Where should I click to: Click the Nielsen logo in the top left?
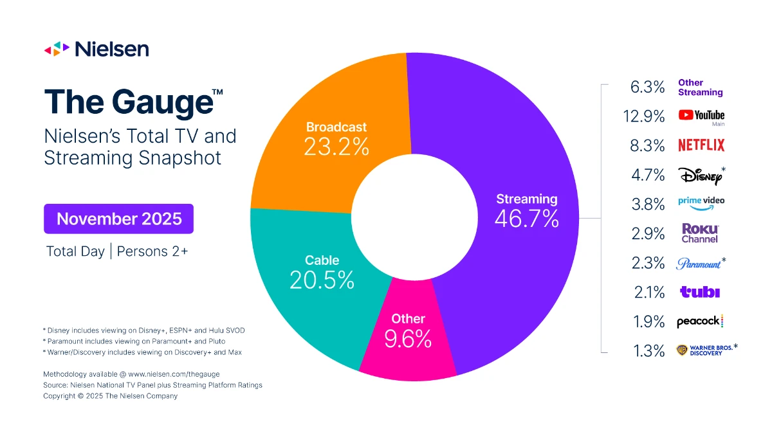[96, 49]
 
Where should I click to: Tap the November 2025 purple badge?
[119, 219]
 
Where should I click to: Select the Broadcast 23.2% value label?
[337, 147]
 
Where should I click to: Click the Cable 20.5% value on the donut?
[322, 280]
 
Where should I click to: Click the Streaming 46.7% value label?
[526, 219]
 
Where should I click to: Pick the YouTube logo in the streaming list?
[701, 116]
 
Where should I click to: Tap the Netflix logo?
[701, 145]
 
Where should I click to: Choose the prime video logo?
[701, 201]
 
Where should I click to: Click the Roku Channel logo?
[700, 233]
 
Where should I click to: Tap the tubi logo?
[700, 293]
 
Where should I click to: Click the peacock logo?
[700, 321]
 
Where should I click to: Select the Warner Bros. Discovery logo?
[704, 350]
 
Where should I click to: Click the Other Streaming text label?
[700, 87]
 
